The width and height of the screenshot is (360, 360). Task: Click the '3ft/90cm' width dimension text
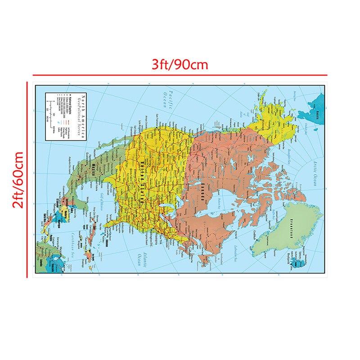[x=180, y=64]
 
